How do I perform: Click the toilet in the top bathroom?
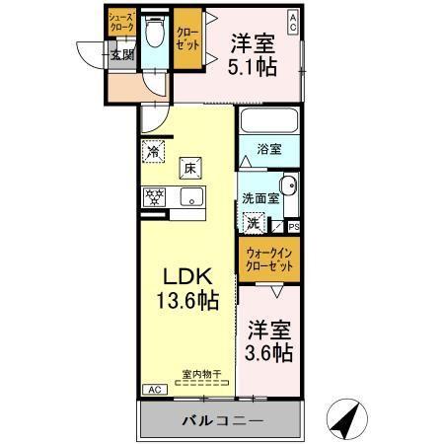(x=154, y=36)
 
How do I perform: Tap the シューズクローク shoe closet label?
(x=120, y=23)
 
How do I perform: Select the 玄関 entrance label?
(x=121, y=55)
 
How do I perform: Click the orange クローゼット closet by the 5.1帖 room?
(x=187, y=41)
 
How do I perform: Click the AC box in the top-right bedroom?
(x=293, y=19)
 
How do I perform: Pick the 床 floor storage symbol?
(x=190, y=168)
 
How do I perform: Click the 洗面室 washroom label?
(x=260, y=197)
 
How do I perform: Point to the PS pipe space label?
(x=294, y=227)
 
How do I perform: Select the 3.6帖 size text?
(x=269, y=350)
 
